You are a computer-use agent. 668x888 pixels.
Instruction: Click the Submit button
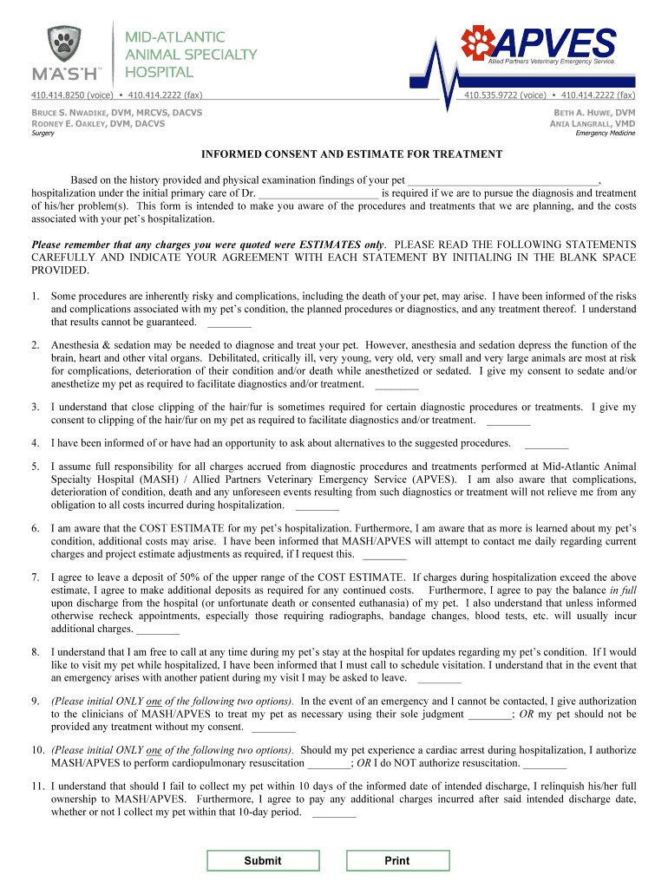click(x=262, y=860)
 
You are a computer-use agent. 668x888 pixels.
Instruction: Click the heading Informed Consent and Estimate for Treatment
click(x=352, y=154)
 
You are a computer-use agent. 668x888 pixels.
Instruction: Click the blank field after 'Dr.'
click(x=319, y=193)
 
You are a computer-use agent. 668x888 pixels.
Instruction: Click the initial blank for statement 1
click(x=230, y=323)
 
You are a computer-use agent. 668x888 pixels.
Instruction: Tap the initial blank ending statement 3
click(x=508, y=421)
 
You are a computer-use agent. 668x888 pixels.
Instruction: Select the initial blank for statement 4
click(x=547, y=443)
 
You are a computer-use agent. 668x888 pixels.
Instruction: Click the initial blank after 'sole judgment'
click(x=489, y=715)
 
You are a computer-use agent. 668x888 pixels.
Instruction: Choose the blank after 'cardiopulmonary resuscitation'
click(x=329, y=764)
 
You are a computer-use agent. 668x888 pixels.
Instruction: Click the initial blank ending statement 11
click(x=334, y=813)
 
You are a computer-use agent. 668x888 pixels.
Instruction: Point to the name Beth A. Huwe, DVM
click(x=594, y=113)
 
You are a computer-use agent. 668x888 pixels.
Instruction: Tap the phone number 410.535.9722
click(x=492, y=95)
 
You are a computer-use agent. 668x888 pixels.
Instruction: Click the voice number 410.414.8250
click(x=58, y=95)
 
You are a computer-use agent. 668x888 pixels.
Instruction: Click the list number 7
click(x=36, y=577)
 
